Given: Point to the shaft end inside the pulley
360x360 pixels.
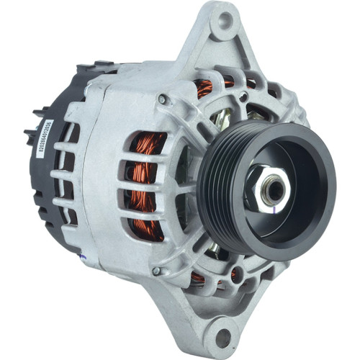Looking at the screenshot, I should coord(274,189).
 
